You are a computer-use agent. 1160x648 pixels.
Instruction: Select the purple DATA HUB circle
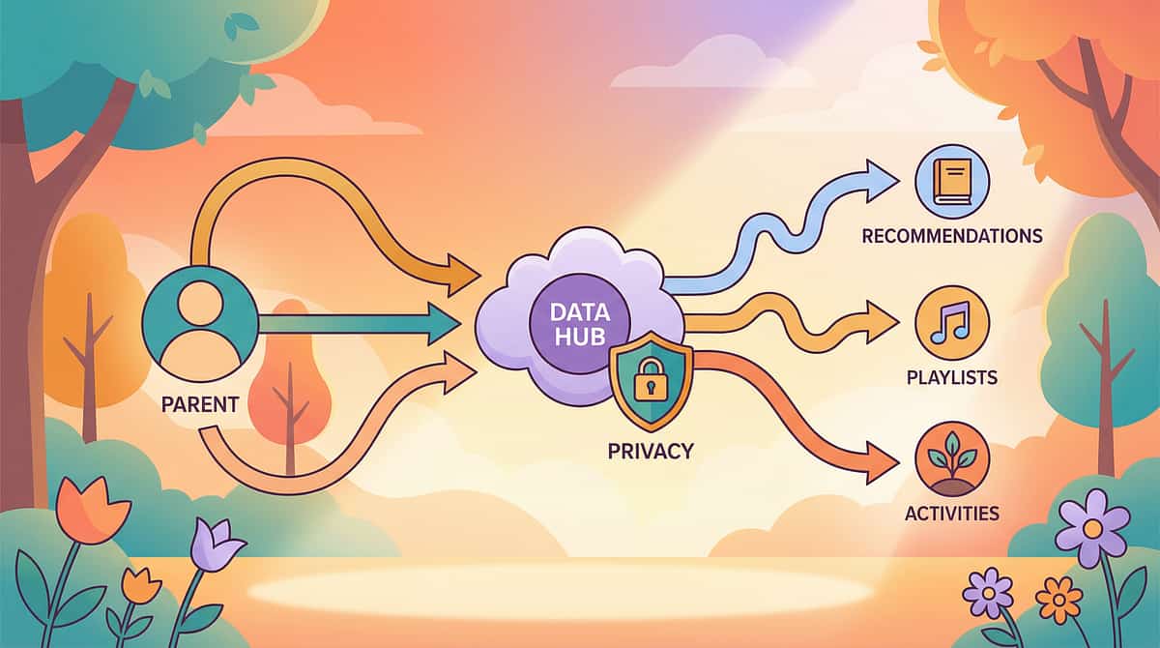tap(576, 325)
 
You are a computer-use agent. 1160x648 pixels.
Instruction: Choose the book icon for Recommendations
tap(951, 184)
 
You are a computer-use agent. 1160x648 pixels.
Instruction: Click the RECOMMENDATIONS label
tap(951, 236)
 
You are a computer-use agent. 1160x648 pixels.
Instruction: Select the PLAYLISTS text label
tap(951, 377)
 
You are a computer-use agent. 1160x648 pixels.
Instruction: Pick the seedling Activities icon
tap(951, 460)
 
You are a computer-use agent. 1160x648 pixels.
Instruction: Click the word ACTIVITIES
tap(951, 513)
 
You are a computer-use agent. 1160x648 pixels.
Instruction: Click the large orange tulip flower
tap(89, 507)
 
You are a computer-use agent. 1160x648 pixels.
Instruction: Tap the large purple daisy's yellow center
tap(1092, 528)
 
